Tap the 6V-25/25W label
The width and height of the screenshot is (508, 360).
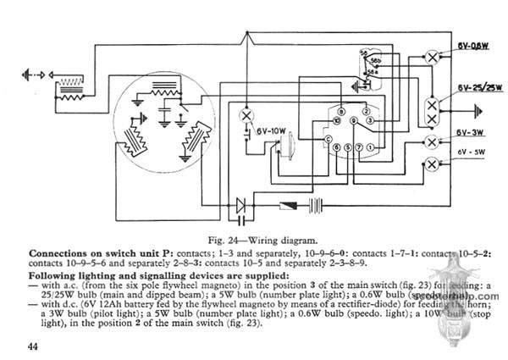[x=468, y=88]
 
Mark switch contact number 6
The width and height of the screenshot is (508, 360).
[x=336, y=149]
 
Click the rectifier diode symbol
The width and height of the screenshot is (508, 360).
[x=246, y=204]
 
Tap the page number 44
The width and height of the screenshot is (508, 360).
[x=33, y=346]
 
